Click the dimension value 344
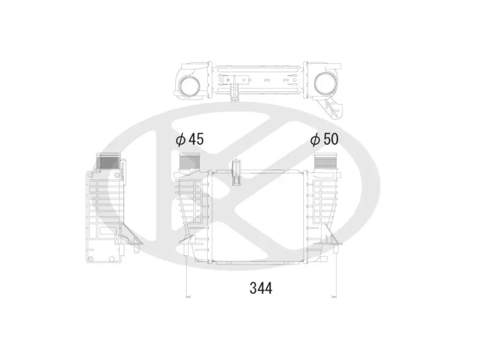261,288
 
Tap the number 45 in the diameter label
196,139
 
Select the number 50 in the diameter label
331,139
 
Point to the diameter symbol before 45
180,139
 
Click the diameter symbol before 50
315,139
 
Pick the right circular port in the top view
325,83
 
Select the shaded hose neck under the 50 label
325,161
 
